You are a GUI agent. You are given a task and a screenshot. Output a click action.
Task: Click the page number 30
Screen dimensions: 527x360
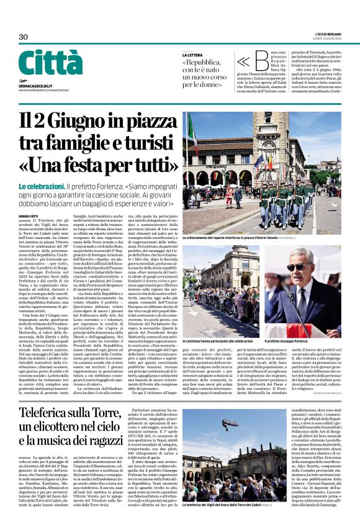[x=23, y=37]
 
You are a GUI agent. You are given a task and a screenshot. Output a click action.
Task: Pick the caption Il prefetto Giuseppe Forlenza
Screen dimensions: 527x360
[x=291, y=341]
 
